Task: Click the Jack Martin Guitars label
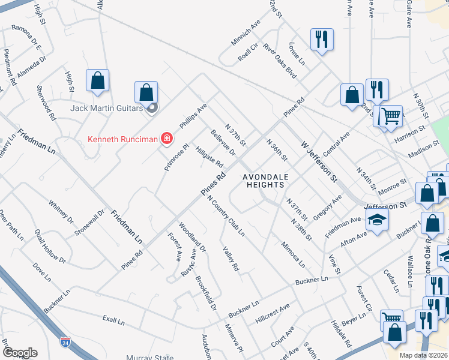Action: click(106, 109)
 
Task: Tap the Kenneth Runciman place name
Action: click(122, 139)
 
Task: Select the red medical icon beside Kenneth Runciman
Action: click(166, 140)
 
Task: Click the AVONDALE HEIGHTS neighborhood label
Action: click(263, 181)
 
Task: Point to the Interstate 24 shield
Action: click(64, 342)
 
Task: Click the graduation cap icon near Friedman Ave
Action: click(377, 221)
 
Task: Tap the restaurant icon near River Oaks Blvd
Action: click(322, 40)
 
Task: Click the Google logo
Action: click(20, 353)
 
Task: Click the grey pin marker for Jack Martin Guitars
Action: click(151, 108)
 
